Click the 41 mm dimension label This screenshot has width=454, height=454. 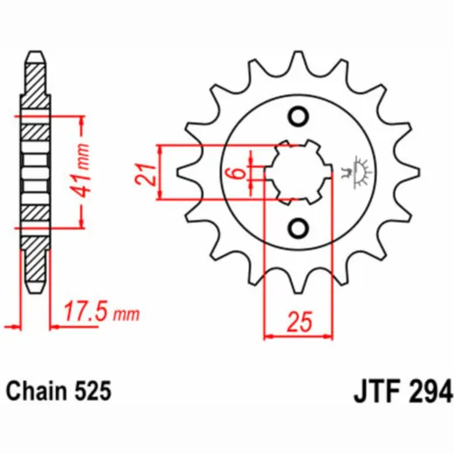click(x=80, y=170)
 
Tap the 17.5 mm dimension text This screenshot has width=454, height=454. click(x=101, y=312)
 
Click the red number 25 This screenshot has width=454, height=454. click(x=299, y=322)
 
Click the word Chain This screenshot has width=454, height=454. click(x=37, y=390)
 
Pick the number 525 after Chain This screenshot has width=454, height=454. click(x=93, y=390)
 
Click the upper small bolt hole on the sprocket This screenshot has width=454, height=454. click(x=299, y=117)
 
